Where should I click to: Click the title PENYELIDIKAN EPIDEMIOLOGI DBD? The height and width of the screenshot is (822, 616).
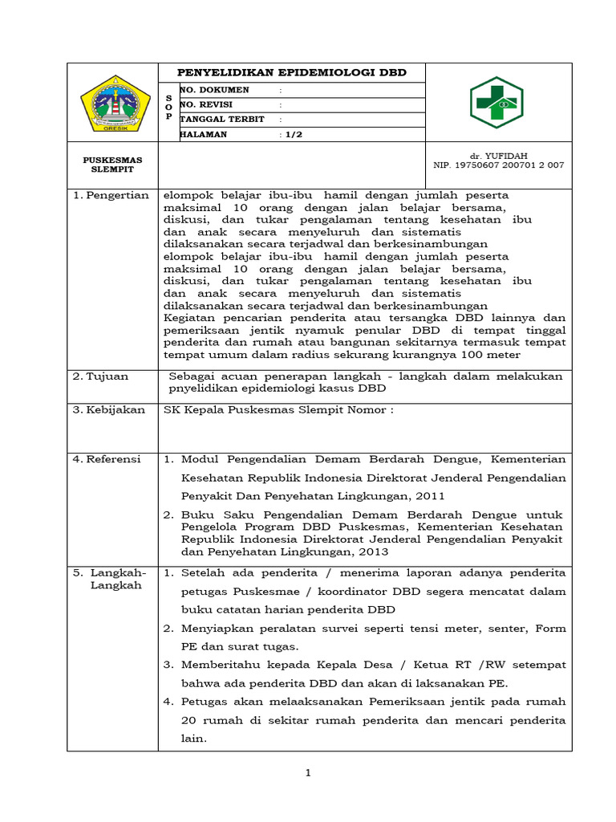pos(291,72)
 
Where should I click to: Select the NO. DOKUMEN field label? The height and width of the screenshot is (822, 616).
pos(214,90)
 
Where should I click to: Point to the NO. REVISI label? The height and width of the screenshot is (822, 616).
pos(210,104)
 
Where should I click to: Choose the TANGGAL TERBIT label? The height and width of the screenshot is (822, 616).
pos(218,119)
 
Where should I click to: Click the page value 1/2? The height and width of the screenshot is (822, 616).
pos(291,135)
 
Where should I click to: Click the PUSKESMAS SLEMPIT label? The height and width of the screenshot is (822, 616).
pos(112,165)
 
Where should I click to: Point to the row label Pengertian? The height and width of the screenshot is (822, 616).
pos(111,195)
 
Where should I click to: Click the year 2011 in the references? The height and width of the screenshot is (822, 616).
pos(429,496)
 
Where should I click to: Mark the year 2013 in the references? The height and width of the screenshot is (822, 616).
pos(371,551)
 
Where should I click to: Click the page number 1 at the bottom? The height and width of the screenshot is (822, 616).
pos(307,773)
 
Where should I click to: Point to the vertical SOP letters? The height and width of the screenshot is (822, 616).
pos(168,105)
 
